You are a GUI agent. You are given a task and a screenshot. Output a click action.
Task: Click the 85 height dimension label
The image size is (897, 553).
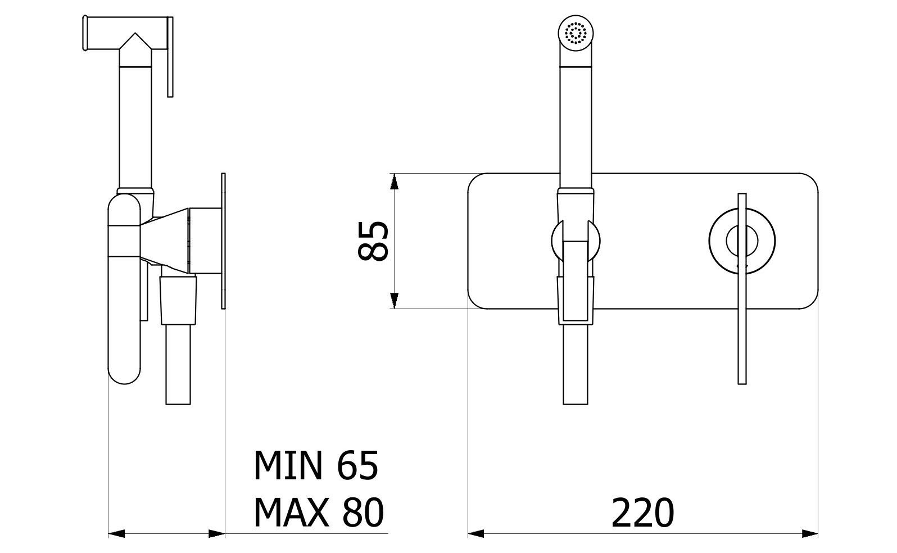point(373,241)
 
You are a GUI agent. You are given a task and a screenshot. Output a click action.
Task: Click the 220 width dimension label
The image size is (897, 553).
point(642,513)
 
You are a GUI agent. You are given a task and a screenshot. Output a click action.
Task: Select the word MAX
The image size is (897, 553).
point(291,513)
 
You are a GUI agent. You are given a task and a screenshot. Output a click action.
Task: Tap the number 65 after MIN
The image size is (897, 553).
point(357,466)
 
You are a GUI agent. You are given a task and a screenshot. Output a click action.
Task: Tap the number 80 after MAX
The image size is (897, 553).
point(363,513)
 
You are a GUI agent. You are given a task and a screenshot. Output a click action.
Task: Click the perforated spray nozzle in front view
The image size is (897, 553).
point(575,33)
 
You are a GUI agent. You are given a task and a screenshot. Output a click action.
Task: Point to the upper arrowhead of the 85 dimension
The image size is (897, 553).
point(395,181)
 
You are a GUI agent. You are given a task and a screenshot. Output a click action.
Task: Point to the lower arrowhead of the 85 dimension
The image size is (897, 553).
point(395,301)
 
